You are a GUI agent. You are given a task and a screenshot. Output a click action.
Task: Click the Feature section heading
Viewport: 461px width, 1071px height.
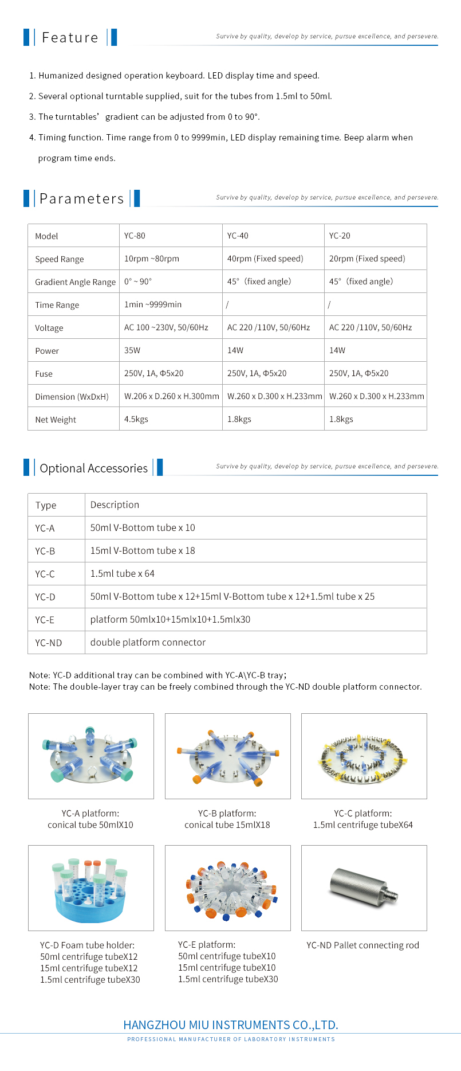point(70,38)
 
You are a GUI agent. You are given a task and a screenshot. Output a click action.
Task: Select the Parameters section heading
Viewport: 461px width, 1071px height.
point(81,199)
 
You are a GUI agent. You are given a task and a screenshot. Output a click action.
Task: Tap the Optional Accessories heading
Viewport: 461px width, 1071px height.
point(93,468)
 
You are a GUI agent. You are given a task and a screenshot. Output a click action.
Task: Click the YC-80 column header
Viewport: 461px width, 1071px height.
point(135,236)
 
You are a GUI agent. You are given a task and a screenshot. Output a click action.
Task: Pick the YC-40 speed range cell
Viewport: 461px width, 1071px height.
point(265,259)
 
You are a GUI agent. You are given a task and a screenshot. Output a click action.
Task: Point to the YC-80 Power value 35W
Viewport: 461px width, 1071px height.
point(132,350)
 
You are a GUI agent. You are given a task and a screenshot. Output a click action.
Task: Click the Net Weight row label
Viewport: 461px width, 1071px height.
point(56,420)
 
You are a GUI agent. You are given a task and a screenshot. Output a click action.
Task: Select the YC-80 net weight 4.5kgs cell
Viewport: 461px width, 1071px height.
point(136,419)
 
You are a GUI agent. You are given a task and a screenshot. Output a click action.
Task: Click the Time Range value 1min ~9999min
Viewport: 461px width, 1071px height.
point(153,304)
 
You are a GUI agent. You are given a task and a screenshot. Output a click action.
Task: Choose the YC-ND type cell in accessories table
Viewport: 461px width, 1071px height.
point(49,643)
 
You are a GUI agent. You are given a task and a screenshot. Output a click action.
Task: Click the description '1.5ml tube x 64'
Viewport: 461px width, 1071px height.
point(123,573)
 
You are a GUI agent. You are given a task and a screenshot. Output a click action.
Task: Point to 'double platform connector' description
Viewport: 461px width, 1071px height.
point(148,642)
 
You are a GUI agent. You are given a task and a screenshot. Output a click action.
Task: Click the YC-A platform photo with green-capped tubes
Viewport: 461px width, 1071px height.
point(91,756)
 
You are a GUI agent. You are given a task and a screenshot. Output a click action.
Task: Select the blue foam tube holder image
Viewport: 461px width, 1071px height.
point(90,888)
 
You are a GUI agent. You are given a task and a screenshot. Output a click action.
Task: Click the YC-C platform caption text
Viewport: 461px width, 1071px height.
point(363,819)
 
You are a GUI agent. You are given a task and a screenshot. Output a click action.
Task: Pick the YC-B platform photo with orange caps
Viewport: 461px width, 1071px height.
point(228,756)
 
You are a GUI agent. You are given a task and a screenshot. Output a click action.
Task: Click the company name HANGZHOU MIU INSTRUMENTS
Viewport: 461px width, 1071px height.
point(231,1025)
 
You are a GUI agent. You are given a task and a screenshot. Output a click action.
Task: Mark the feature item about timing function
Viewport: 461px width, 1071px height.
point(225,138)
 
